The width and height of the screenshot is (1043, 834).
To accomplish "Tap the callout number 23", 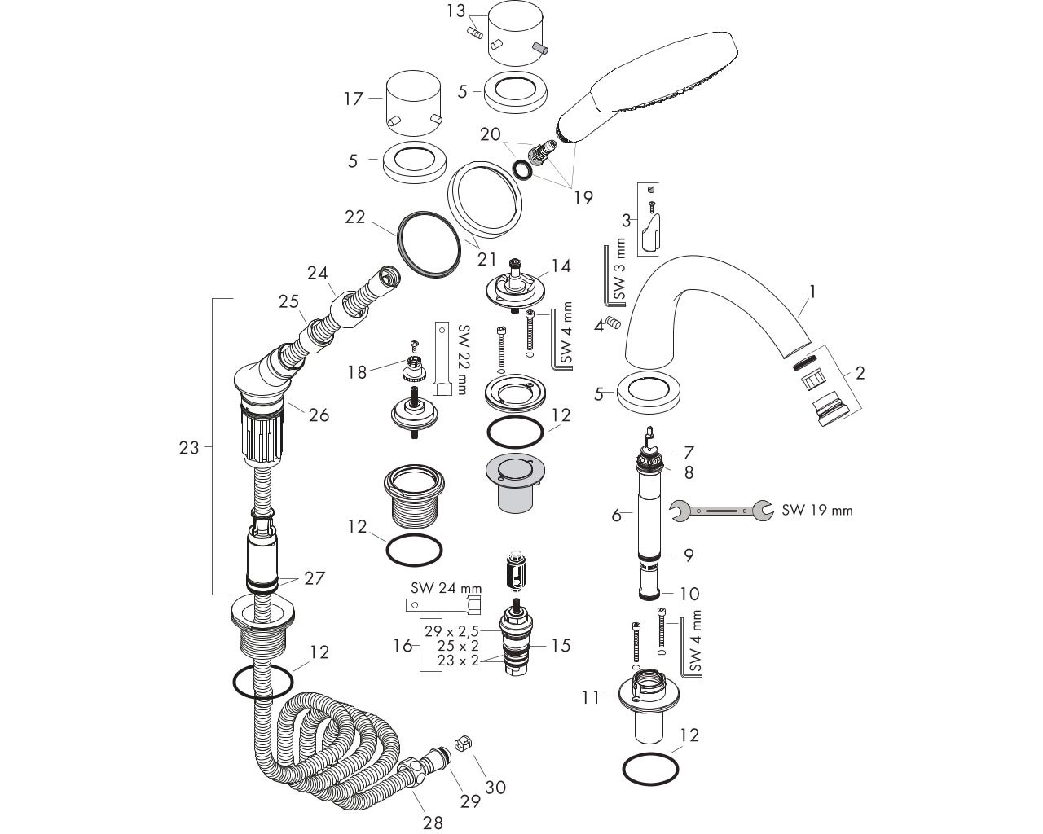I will (189, 447).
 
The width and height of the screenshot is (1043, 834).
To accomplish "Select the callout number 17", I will (353, 99).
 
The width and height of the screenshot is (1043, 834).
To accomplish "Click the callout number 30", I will (495, 787).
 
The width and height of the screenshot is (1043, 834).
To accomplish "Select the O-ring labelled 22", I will (430, 244).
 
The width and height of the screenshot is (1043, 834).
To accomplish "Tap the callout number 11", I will (590, 696).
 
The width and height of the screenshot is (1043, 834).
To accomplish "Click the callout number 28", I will (433, 823).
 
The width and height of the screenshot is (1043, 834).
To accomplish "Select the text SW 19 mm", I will (817, 511).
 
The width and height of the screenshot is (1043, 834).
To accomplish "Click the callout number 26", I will (319, 415).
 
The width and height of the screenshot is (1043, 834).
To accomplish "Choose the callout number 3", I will (626, 220).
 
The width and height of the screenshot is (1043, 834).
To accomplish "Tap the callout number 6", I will (617, 515).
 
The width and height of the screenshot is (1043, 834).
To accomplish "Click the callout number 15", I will (561, 646).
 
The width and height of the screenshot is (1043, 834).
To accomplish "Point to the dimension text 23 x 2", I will (458, 661).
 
